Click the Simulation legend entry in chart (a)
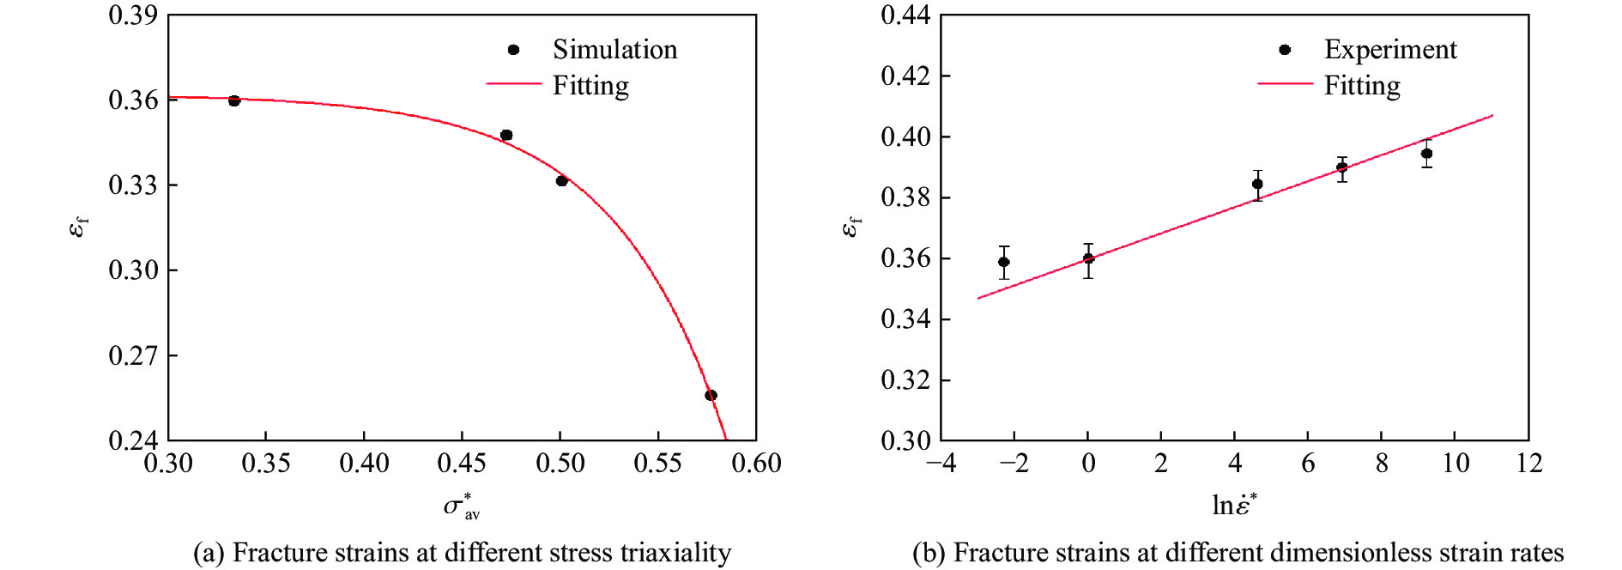pyautogui.click(x=614, y=50)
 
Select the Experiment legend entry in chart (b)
pyautogui.click(x=1389, y=50)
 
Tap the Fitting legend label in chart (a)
pyautogui.click(x=590, y=86)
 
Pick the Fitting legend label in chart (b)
pyautogui.click(x=1362, y=86)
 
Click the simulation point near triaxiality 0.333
pyautogui.click(x=234, y=100)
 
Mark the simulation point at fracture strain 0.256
pyautogui.click(x=711, y=395)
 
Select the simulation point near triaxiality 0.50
pyautogui.click(x=561, y=180)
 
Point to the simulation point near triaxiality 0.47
pyautogui.click(x=506, y=135)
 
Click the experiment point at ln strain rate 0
pyautogui.click(x=1088, y=258)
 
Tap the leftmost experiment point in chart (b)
pyautogui.click(x=1004, y=262)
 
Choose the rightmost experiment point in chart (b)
pyautogui.click(x=1426, y=154)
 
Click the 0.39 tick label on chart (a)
pyautogui.click(x=133, y=15)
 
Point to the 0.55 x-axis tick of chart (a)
pyautogui.click(x=657, y=464)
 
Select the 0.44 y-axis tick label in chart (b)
pyautogui.click(x=905, y=15)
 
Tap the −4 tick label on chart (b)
pyautogui.click(x=941, y=464)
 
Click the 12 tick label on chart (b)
pyautogui.click(x=1528, y=464)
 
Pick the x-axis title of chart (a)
pyautogui.click(x=462, y=506)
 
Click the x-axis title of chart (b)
pyautogui.click(x=1234, y=505)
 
